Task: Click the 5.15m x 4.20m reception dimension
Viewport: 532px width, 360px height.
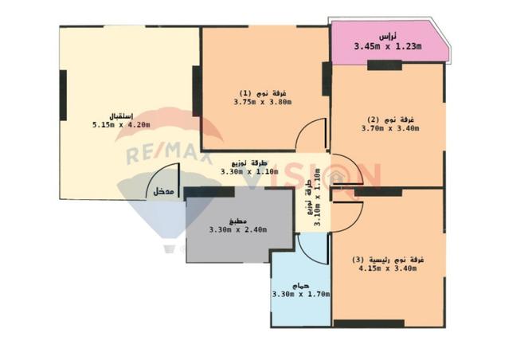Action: (x=121, y=124)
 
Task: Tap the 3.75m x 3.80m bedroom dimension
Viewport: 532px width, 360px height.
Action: (x=263, y=102)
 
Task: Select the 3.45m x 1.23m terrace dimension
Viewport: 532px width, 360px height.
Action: (x=388, y=46)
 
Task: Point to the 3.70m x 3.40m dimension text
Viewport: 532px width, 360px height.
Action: (x=390, y=128)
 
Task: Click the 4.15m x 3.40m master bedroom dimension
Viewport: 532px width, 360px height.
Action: (x=388, y=268)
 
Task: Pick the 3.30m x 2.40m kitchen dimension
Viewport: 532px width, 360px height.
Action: (x=238, y=229)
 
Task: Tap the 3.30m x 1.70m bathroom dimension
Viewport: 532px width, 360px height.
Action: (x=301, y=294)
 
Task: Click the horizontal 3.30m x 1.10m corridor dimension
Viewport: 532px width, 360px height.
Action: (x=249, y=172)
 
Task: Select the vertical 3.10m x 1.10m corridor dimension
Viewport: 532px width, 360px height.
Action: (x=318, y=198)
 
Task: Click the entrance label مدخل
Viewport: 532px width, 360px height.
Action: (x=163, y=191)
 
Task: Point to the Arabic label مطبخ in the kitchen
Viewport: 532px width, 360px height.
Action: (x=238, y=221)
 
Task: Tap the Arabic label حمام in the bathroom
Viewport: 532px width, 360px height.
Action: (x=300, y=286)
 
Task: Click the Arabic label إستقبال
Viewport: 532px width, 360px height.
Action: (x=121, y=116)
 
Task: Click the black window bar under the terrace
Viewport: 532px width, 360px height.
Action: (x=385, y=65)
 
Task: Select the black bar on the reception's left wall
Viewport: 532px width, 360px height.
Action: (x=63, y=95)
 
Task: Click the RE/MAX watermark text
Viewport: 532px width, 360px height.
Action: (x=169, y=154)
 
